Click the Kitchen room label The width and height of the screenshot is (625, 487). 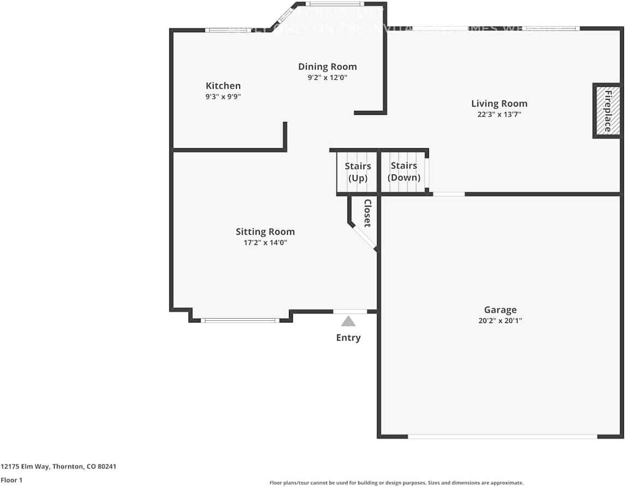click(x=223, y=86)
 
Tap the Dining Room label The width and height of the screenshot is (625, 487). click(x=327, y=67)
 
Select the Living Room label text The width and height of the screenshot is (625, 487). click(x=499, y=103)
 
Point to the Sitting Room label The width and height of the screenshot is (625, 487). click(x=265, y=232)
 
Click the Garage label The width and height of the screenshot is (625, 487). click(x=500, y=310)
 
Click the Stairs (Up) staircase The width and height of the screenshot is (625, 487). click(x=357, y=172)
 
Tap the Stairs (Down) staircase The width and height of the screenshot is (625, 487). click(x=404, y=172)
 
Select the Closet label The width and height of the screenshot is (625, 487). click(x=368, y=213)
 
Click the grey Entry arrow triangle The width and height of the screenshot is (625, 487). click(x=348, y=322)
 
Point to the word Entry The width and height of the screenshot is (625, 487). click(x=348, y=338)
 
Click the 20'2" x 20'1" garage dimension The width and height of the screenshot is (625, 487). click(x=500, y=321)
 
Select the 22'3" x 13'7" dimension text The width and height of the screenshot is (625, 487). click(x=499, y=115)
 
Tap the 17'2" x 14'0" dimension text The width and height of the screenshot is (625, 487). click(x=265, y=243)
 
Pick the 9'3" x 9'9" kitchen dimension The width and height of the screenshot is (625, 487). click(x=223, y=97)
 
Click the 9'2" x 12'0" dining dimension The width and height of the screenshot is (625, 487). click(x=327, y=78)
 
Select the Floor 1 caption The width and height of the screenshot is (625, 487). click(x=11, y=480)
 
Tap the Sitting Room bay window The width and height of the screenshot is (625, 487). click(x=240, y=320)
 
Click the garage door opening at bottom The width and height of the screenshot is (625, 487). click(x=502, y=436)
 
